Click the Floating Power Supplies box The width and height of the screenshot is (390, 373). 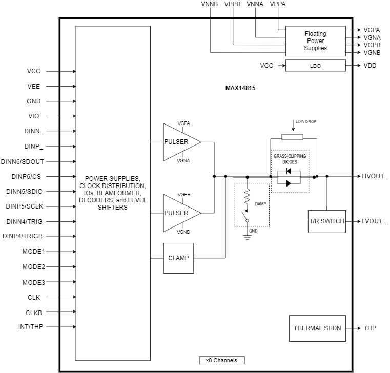coord(315,41)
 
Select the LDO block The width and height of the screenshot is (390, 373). coord(315,66)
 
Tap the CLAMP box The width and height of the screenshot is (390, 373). coord(178,258)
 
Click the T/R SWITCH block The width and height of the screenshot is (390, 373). coord(327,221)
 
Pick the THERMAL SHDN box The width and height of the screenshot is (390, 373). coord(317,328)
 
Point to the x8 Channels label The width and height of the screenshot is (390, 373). coord(222,360)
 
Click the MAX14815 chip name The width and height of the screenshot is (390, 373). coord(240,88)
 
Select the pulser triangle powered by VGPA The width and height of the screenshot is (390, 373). coord(179,142)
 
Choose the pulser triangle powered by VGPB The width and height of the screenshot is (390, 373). coord(179,213)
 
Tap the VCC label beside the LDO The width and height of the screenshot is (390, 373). coord(266,66)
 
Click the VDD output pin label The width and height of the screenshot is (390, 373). coord(370,66)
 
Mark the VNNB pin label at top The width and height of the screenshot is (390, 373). coord(209,4)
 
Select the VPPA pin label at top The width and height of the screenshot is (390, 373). coord(277,4)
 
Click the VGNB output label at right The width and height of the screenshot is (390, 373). coord(372,52)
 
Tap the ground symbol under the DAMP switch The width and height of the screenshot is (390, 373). coord(247,237)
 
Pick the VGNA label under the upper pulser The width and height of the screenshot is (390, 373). coord(183,161)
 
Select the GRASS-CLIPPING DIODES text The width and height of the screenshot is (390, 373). coord(290,159)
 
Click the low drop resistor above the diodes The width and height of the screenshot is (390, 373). coord(292,137)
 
